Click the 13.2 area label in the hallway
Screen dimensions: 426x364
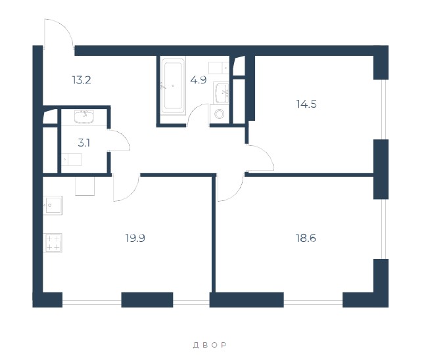(x=82, y=80)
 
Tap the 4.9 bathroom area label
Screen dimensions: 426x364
(x=199, y=80)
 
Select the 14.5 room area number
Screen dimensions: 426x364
(x=306, y=104)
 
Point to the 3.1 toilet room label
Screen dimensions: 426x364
(x=84, y=143)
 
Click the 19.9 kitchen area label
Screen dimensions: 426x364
(x=135, y=238)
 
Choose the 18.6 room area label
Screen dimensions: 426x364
(x=306, y=238)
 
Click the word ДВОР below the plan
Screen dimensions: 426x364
(x=210, y=345)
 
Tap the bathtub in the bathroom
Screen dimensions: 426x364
(x=173, y=86)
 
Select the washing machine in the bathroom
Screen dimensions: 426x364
(x=219, y=114)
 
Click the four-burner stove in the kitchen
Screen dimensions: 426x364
(x=53, y=243)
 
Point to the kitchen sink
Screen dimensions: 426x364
(x=53, y=205)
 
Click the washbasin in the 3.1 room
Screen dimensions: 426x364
(x=84, y=116)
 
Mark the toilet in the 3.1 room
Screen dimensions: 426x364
(x=72, y=160)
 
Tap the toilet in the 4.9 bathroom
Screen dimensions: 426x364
(x=219, y=68)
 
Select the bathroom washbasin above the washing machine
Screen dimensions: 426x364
(x=221, y=93)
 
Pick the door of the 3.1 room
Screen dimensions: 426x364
(x=118, y=140)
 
